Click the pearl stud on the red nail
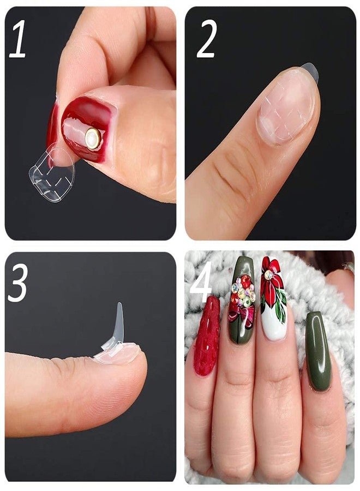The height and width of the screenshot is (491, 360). tap(93, 139)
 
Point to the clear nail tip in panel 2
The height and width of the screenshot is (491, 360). tap(309, 71)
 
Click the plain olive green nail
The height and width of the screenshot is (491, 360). tap(318, 349)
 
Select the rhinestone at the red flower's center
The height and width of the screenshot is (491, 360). tap(268, 275)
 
